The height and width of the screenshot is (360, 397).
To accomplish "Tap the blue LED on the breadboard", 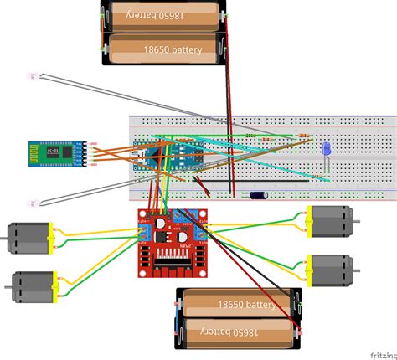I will (x=326, y=149).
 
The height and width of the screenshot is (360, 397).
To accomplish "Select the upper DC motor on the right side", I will (x=334, y=221).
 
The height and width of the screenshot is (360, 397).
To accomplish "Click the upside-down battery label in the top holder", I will (x=163, y=14).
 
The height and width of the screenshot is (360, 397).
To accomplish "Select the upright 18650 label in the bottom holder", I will (x=243, y=305).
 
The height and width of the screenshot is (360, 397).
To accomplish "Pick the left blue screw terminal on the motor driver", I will (x=143, y=227).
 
